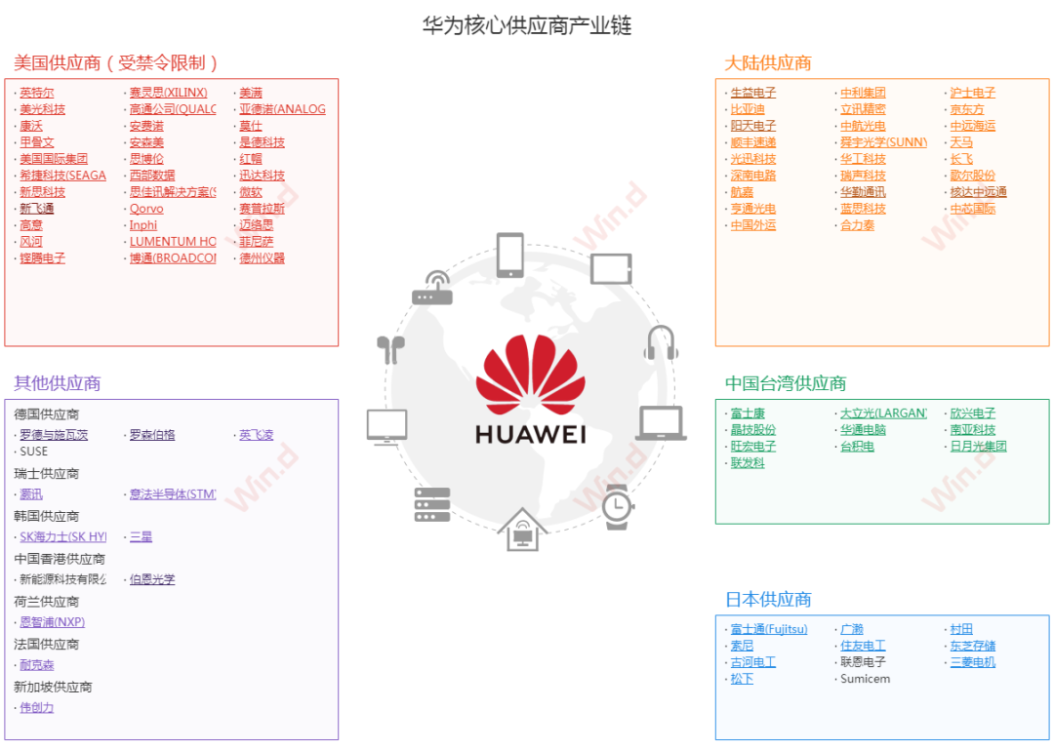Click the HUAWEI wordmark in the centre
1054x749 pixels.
[530, 433]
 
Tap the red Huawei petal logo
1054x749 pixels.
[530, 376]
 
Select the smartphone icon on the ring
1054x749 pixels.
[510, 256]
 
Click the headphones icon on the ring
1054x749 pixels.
[660, 343]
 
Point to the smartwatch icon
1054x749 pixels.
[616, 506]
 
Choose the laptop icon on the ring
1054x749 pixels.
[661, 423]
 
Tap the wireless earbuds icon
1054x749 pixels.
[390, 348]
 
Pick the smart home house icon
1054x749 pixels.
[522, 530]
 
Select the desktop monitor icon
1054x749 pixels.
[386, 426]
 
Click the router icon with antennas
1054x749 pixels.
[432, 287]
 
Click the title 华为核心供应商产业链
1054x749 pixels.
[527, 25]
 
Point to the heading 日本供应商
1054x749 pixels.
[768, 599]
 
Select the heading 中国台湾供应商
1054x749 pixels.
[786, 383]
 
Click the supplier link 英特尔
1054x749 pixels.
[37, 93]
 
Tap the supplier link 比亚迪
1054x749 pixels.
[748, 109]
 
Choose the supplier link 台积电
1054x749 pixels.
[857, 447]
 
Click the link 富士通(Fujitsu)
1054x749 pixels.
[769, 629]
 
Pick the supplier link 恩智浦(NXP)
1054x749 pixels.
[52, 622]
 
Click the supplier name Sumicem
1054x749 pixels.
[865, 679]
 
